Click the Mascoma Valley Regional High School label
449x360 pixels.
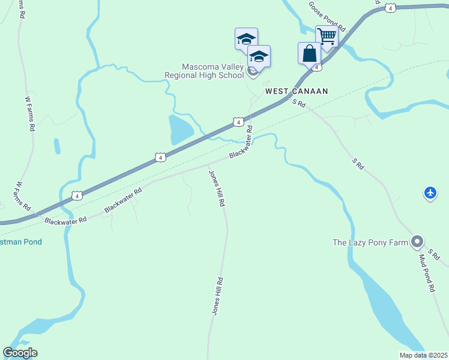coord(204,71)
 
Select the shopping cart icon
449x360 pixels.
coord(327,37)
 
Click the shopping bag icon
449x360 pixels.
coord(309,53)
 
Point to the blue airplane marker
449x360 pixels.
coord(430,193)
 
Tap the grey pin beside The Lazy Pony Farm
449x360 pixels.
coord(417,242)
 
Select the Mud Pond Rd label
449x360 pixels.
coord(426,273)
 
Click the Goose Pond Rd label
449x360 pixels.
coord(328,16)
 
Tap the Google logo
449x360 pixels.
coord(20,353)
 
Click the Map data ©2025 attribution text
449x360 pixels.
coord(423,355)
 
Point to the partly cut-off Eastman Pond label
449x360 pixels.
coord(20,242)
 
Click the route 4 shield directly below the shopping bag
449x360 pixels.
coord(316,67)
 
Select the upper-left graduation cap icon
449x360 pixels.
coord(246,39)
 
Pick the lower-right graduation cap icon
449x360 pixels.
coord(259,56)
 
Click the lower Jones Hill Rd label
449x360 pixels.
coord(217,296)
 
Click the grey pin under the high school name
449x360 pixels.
coord(253,72)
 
